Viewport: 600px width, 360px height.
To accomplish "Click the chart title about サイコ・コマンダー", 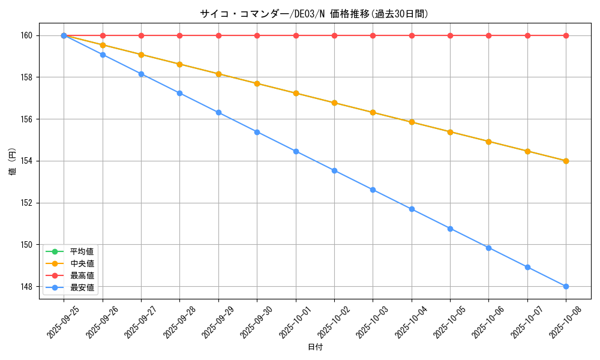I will tap(314, 14).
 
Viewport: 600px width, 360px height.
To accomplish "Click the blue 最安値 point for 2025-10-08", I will tap(566, 286).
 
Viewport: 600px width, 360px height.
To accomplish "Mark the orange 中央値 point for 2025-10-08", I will tap(566, 161).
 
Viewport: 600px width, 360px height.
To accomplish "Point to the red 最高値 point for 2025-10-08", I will tap(566, 35).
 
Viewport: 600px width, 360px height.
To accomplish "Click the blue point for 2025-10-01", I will tap(296, 151).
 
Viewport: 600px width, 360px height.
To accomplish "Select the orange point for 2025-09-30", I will tap(257, 83).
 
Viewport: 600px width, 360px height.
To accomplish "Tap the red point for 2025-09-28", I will tap(179, 35).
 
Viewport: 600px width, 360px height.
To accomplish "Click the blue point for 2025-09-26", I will tap(103, 55).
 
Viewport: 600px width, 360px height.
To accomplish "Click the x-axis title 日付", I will tap(315, 347).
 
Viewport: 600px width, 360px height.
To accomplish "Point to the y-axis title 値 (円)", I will tap(13, 162).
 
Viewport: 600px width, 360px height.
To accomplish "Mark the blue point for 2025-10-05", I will tap(450, 229).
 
